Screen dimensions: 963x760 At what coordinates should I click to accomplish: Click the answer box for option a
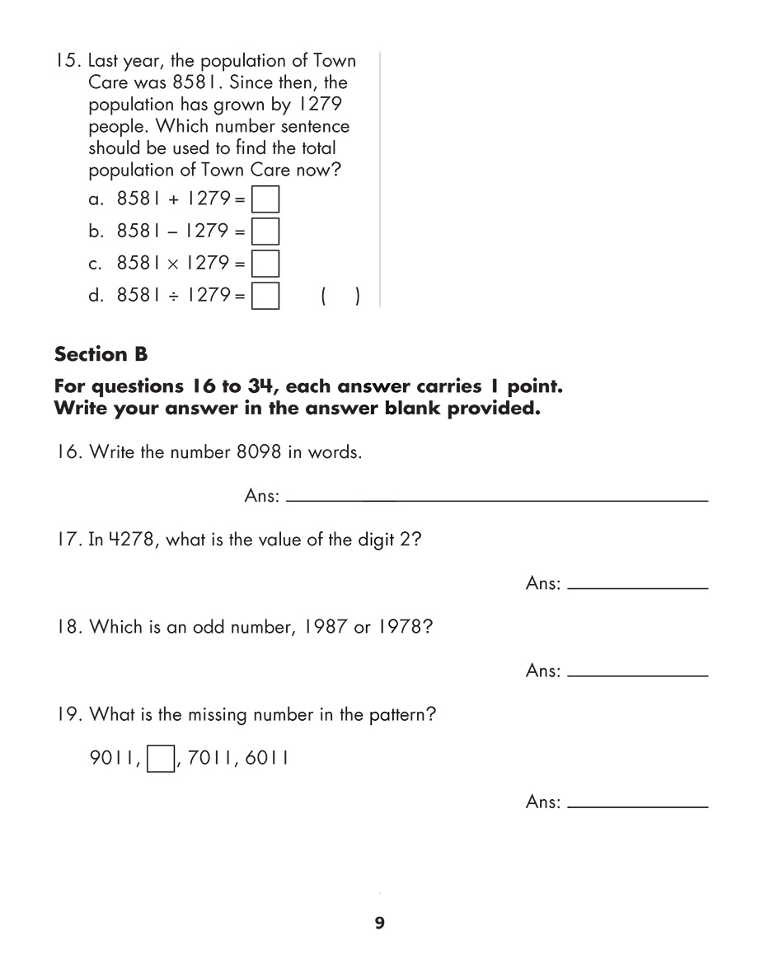(x=265, y=200)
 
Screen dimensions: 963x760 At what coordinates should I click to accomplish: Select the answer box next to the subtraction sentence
(x=265, y=231)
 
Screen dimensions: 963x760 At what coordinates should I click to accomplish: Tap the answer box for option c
(x=265, y=264)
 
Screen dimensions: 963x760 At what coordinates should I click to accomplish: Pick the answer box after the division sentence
(x=265, y=295)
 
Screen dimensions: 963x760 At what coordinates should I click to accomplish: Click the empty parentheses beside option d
(x=338, y=296)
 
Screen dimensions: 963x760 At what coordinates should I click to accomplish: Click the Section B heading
(x=101, y=354)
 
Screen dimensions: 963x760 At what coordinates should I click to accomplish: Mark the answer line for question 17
(x=638, y=587)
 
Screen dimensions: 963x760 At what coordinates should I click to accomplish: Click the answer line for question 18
(x=638, y=676)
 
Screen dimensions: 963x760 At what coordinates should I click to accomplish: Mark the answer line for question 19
(x=638, y=805)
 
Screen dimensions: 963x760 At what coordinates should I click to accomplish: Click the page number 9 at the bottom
(x=379, y=923)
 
